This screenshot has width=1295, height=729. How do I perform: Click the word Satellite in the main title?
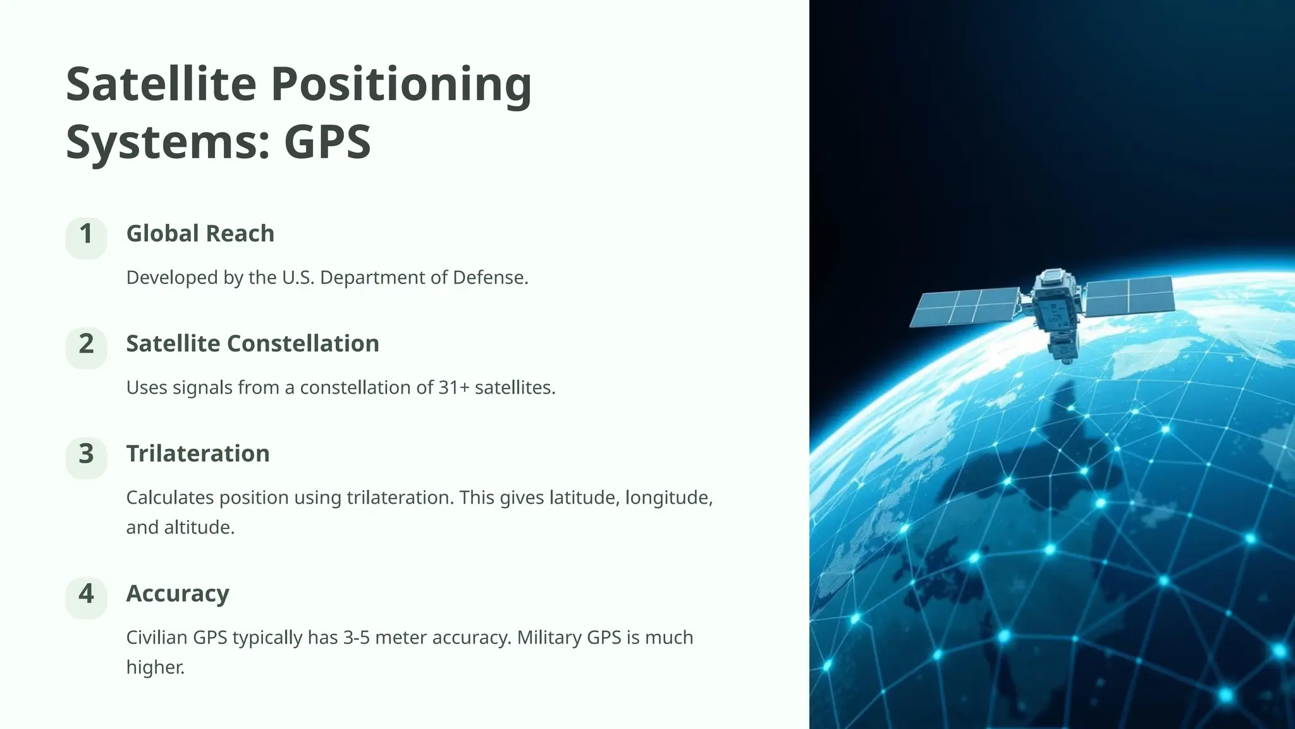[161, 84]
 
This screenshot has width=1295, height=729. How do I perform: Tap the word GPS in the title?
[327, 142]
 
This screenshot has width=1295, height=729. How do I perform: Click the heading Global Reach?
[200, 234]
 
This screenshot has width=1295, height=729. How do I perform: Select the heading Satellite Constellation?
[252, 344]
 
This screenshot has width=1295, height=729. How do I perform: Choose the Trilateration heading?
[197, 454]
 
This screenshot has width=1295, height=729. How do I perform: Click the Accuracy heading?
[177, 594]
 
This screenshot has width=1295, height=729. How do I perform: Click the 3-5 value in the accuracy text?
[357, 637]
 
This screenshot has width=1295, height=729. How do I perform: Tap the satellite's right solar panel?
[1129, 296]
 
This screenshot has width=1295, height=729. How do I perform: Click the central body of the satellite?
[1054, 310]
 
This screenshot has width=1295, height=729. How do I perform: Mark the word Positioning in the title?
[401, 84]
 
